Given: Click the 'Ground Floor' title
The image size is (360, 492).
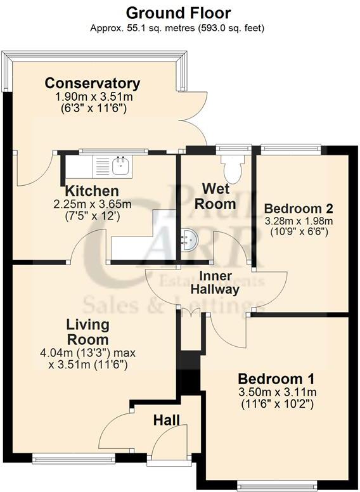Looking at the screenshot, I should point(178,12).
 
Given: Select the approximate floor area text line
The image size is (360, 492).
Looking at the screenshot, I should point(178,28).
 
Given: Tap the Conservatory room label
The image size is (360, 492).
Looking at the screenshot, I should point(93,83).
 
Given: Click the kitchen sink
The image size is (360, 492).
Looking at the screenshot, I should point(120,167).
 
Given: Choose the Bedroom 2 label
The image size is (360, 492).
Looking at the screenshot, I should point(298,209).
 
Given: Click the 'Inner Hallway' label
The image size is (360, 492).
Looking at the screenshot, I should point(219,283).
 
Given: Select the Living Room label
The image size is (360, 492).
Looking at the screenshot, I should point(88,332).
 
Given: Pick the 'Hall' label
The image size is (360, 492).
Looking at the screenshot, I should point(166,420).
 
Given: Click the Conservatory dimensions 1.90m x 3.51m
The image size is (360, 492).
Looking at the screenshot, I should point(93,102).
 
